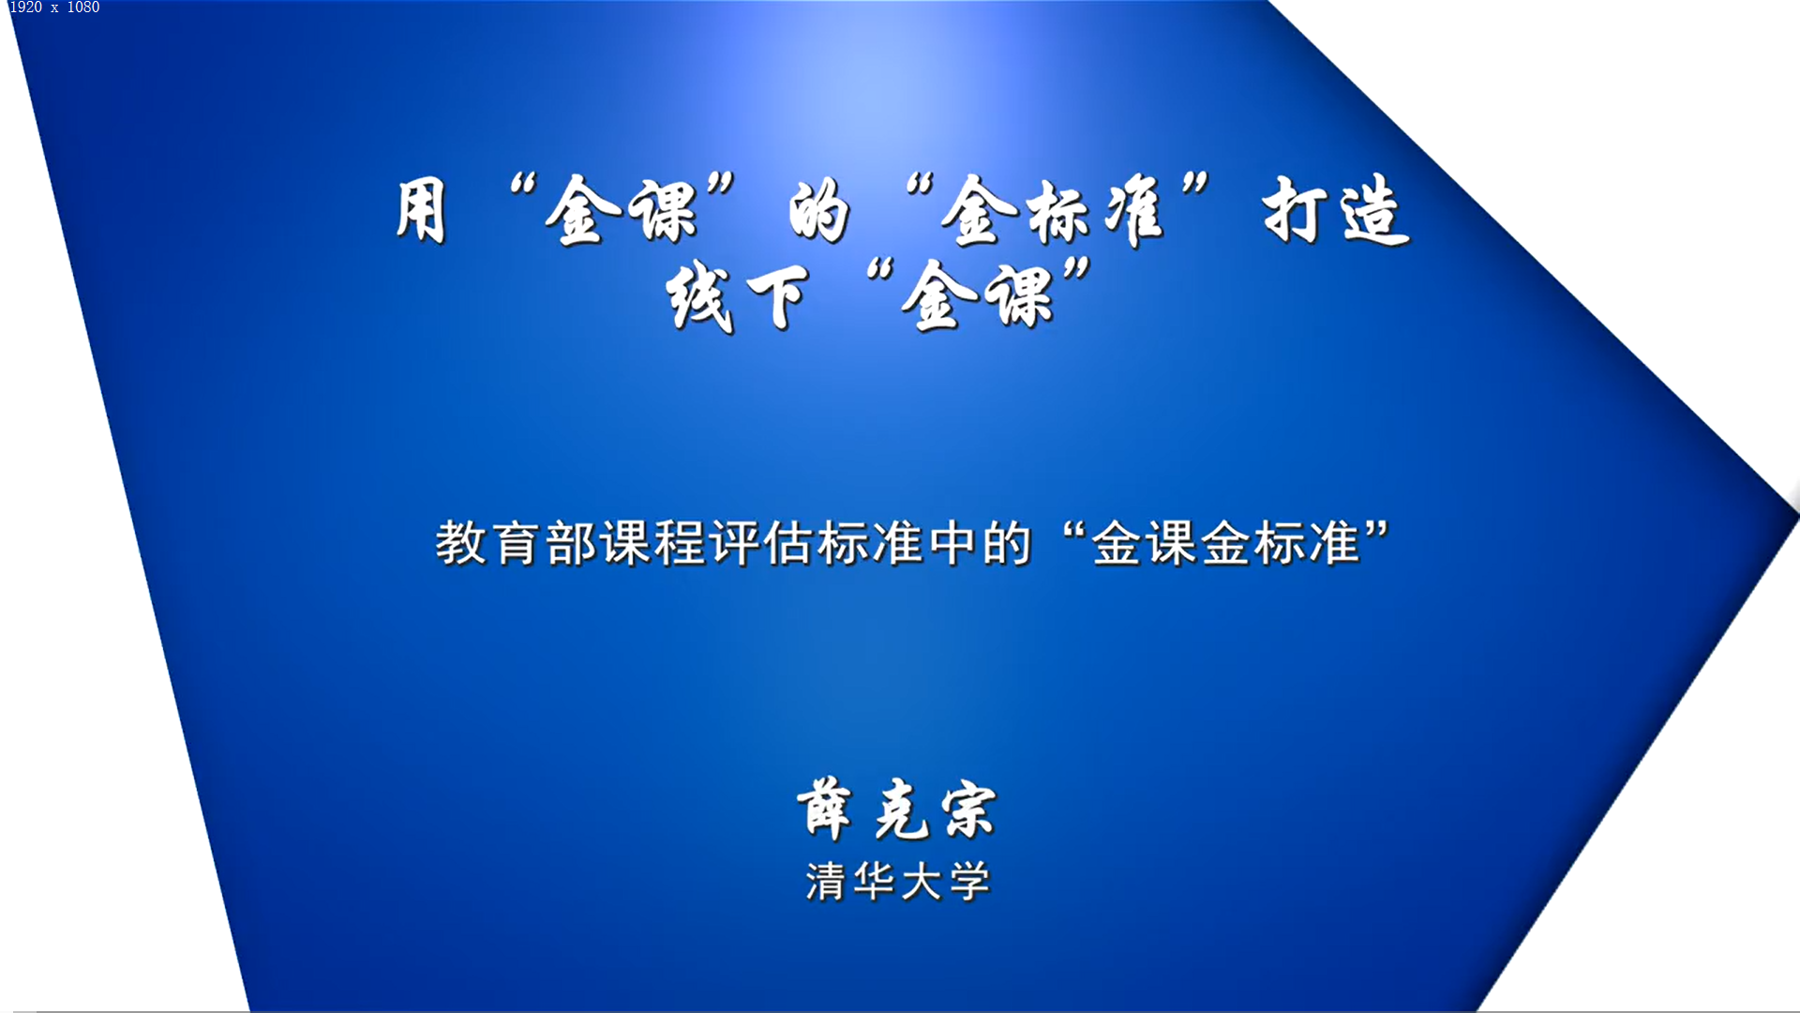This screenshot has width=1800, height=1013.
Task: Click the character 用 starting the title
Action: (421, 211)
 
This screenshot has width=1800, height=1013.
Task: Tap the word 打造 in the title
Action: (1336, 211)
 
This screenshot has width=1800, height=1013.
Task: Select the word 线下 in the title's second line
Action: (738, 297)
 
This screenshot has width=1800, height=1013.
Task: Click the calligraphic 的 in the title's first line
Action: (819, 211)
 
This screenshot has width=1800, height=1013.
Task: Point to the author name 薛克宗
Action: (897, 809)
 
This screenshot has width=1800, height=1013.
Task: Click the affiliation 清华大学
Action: (898, 882)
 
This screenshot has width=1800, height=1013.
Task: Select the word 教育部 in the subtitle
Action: (516, 543)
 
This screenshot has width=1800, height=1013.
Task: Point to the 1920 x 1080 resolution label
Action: (54, 8)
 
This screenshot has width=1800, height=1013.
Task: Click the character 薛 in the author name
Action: (825, 809)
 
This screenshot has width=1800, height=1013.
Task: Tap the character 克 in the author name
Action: (900, 810)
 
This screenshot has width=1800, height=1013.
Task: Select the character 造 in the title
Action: (1375, 211)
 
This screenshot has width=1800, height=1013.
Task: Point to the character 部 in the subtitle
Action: (571, 543)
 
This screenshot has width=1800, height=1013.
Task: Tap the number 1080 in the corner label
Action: (83, 8)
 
